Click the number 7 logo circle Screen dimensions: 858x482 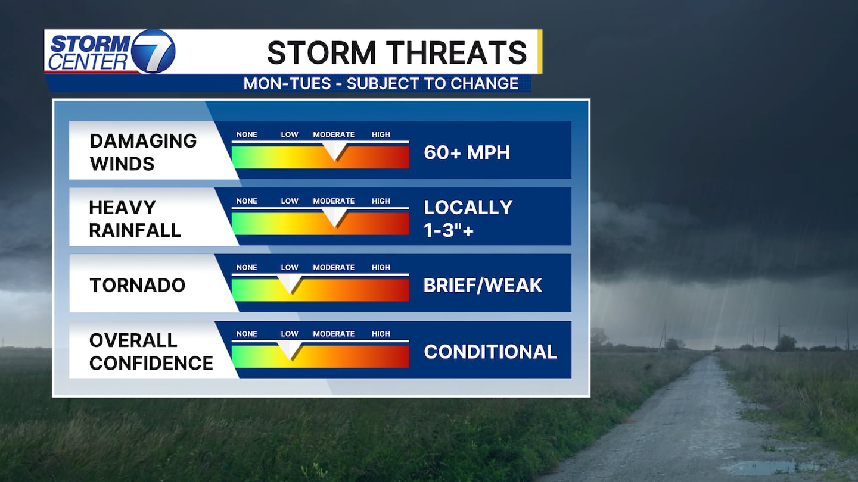(x=153, y=51)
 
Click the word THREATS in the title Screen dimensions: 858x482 (x=456, y=53)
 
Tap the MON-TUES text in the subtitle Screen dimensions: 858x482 (x=287, y=83)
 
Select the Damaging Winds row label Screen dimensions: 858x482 (x=143, y=152)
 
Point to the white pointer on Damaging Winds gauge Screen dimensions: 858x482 (x=334, y=151)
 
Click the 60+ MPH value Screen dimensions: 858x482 (x=467, y=152)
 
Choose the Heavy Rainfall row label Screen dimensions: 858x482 (x=135, y=219)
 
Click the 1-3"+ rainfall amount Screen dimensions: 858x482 (x=449, y=230)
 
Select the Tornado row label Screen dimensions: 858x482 (x=137, y=286)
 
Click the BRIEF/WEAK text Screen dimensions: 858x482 (x=483, y=286)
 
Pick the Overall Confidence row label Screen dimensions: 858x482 (x=151, y=352)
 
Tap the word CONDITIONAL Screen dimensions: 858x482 (x=490, y=352)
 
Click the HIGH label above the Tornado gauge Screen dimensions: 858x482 (x=381, y=267)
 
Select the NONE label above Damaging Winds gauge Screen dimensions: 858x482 (x=247, y=134)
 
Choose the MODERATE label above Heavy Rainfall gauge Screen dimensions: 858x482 (x=334, y=201)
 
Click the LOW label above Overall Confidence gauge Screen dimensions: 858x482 (x=290, y=334)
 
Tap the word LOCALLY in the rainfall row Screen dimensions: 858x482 (x=468, y=208)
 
